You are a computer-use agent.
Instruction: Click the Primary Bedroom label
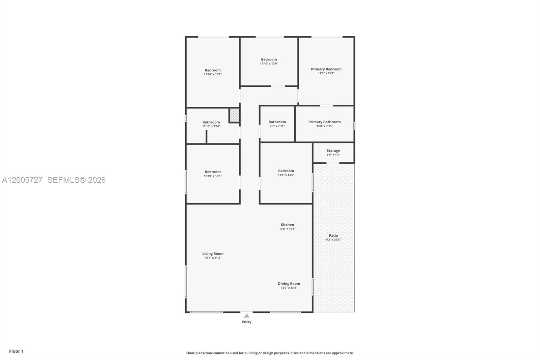point(326,69)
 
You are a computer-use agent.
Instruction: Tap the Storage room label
point(333,151)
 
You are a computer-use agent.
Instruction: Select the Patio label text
point(333,235)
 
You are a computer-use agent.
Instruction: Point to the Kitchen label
point(287,225)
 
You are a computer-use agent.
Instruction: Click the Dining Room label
point(289,284)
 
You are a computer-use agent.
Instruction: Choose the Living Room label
point(213,254)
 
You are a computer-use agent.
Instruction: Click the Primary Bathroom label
point(324,122)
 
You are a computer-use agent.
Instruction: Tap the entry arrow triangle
point(247,316)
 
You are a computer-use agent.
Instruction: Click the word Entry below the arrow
point(247,322)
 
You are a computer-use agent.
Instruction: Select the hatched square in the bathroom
point(234,115)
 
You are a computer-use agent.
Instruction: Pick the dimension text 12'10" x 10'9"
point(269,63)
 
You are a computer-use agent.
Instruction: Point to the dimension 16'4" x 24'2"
point(213,258)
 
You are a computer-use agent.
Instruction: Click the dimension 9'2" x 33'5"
point(333,240)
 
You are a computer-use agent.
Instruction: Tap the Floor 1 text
point(16,351)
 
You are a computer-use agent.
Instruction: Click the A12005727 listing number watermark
point(22,180)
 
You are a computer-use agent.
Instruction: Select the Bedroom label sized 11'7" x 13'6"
point(286,171)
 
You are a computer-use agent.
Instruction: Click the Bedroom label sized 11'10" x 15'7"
point(213,70)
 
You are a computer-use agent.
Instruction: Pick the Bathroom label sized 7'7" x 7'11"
point(277,122)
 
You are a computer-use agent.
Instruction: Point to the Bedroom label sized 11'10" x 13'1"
point(213,172)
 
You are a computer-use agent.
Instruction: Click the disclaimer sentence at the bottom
point(270,353)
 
